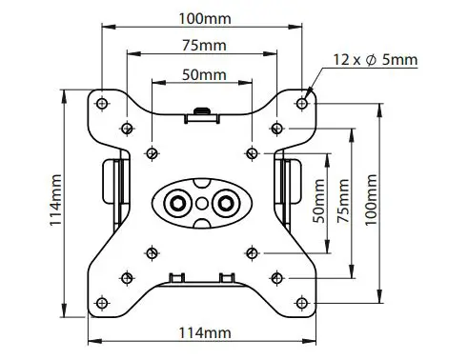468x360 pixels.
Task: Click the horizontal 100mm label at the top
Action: point(201,17)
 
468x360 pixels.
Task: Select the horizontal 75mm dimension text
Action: point(201,46)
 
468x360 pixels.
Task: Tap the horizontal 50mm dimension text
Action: point(201,74)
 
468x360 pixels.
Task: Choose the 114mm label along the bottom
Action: point(203,332)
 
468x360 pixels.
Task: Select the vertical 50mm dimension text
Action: point(322,202)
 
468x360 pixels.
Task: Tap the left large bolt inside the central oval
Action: point(176,202)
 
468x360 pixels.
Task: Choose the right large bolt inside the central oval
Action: point(226,202)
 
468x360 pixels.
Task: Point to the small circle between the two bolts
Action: point(201,202)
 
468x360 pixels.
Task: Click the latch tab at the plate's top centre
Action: point(201,113)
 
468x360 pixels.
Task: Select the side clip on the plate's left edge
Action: point(112,187)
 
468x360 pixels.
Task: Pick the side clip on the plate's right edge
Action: point(290,187)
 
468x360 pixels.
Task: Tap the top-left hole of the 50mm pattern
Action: point(152,150)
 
